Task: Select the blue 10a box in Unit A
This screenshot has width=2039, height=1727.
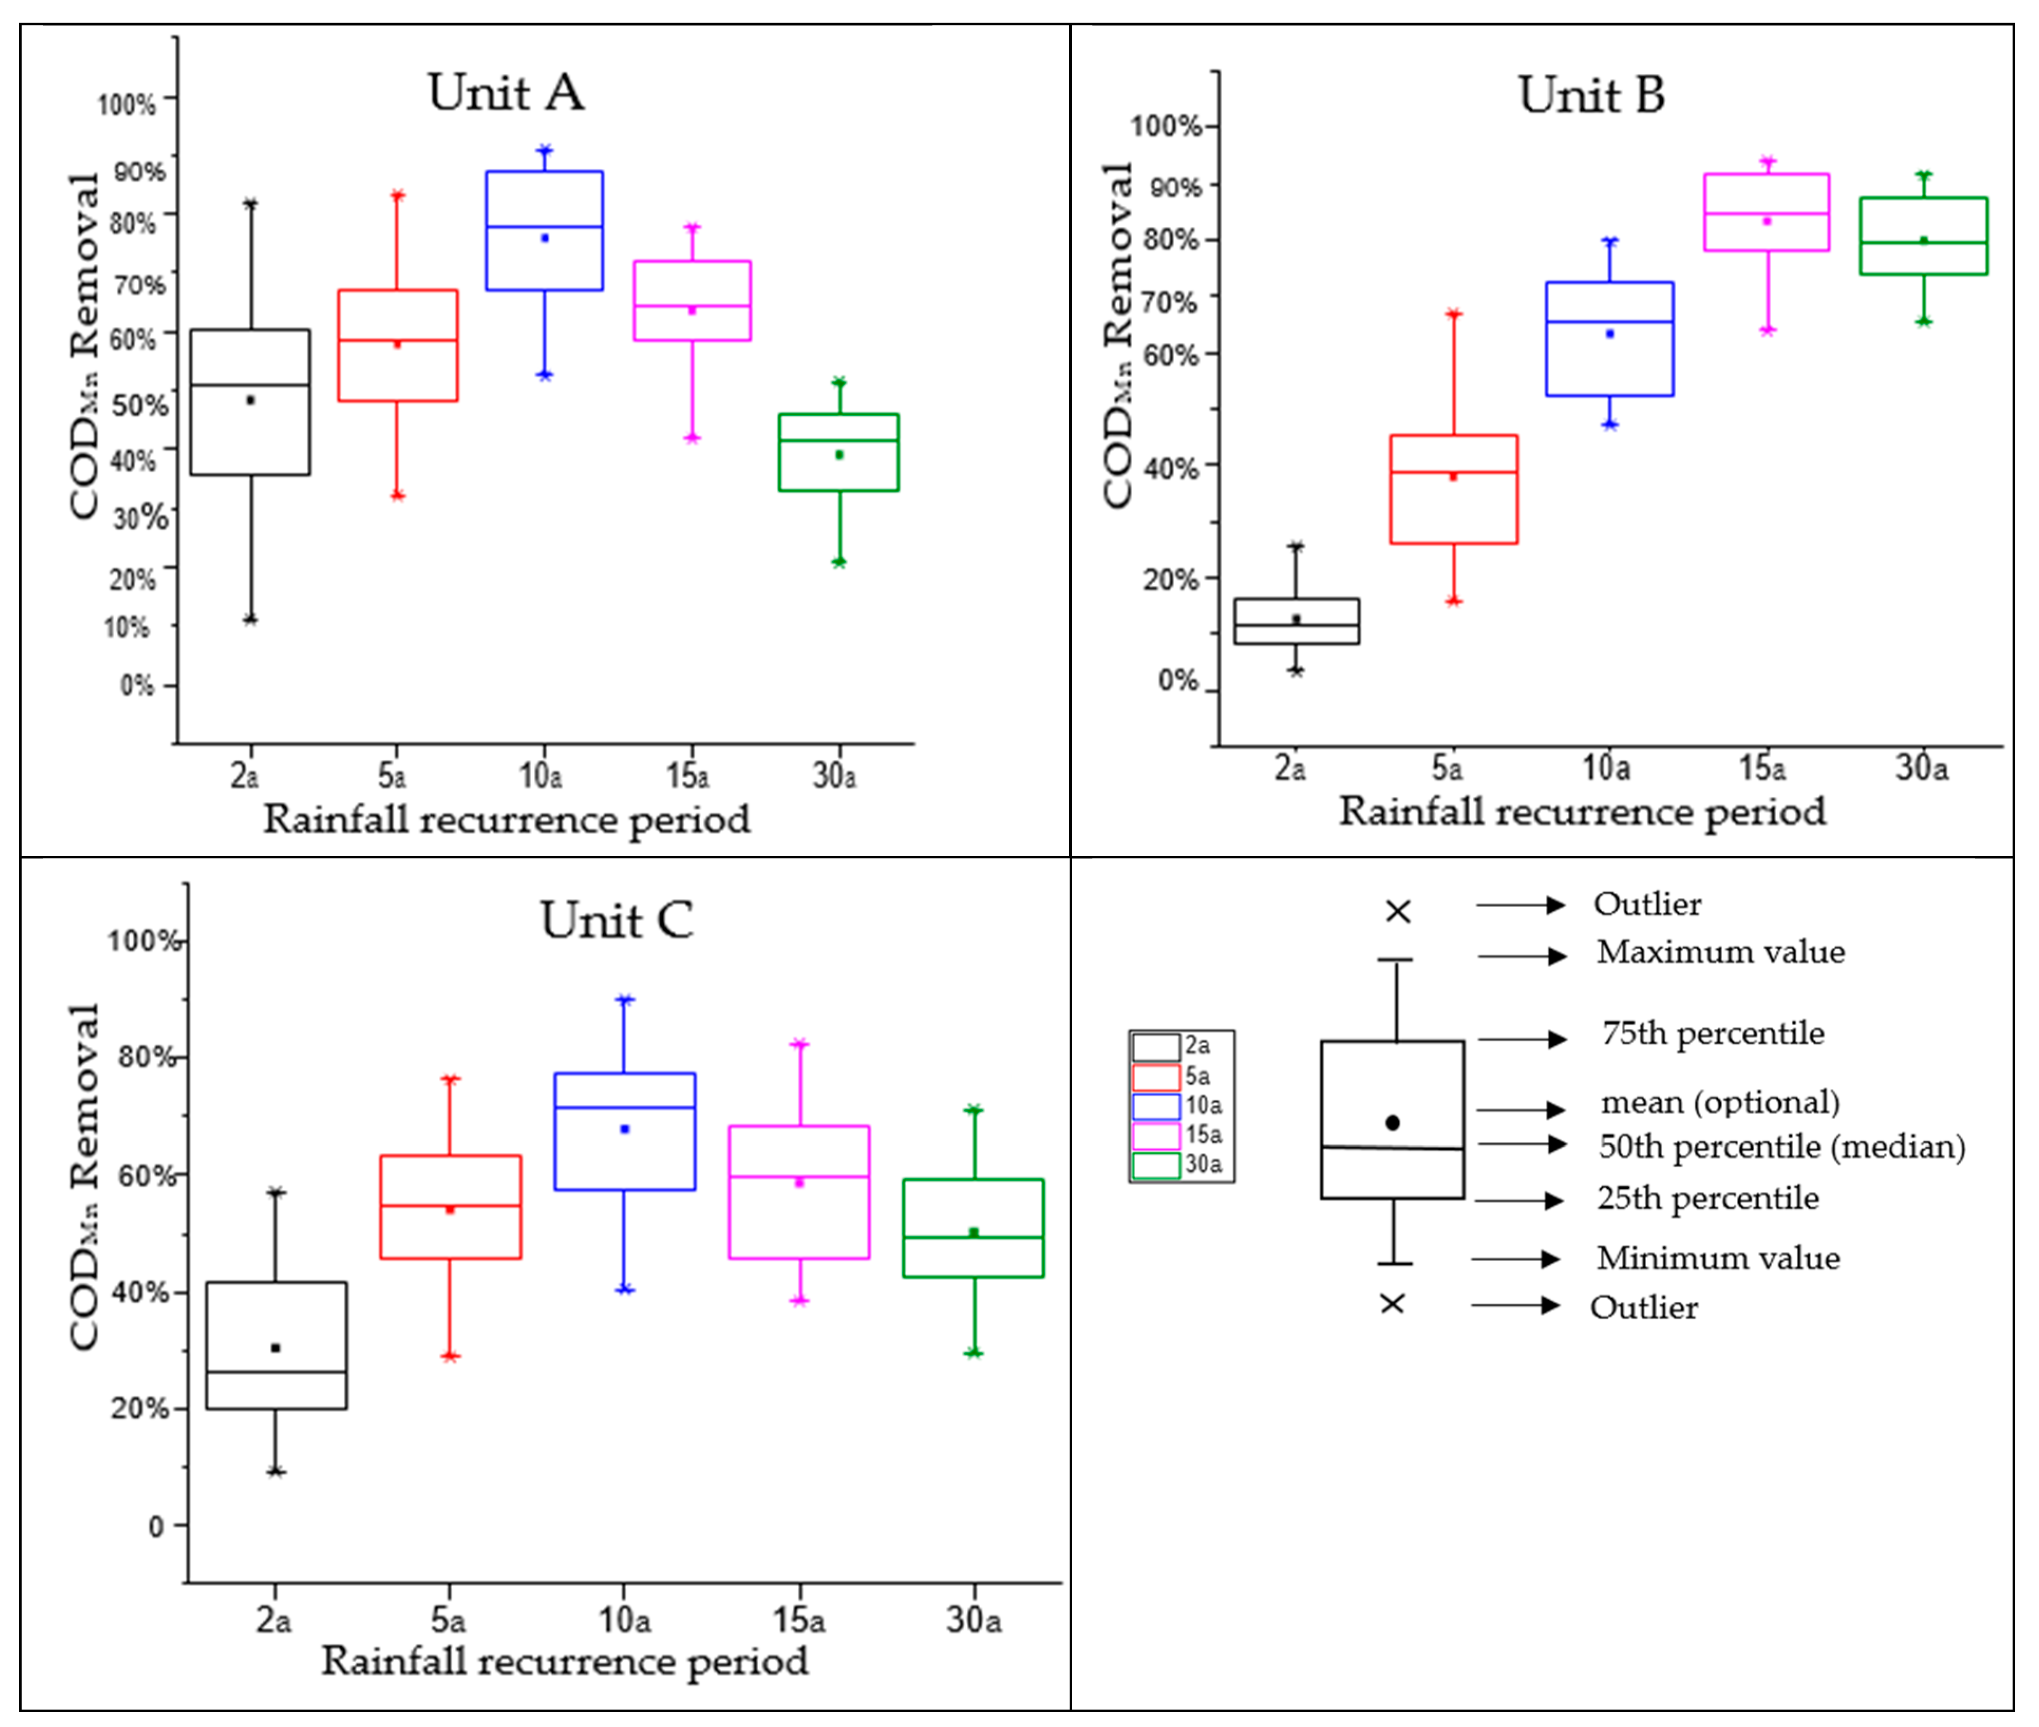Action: (x=544, y=230)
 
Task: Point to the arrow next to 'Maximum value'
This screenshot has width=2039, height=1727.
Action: (x=1522, y=956)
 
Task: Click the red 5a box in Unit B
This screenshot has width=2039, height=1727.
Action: (x=1453, y=490)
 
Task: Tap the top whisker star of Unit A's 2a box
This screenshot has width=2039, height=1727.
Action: (x=251, y=204)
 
